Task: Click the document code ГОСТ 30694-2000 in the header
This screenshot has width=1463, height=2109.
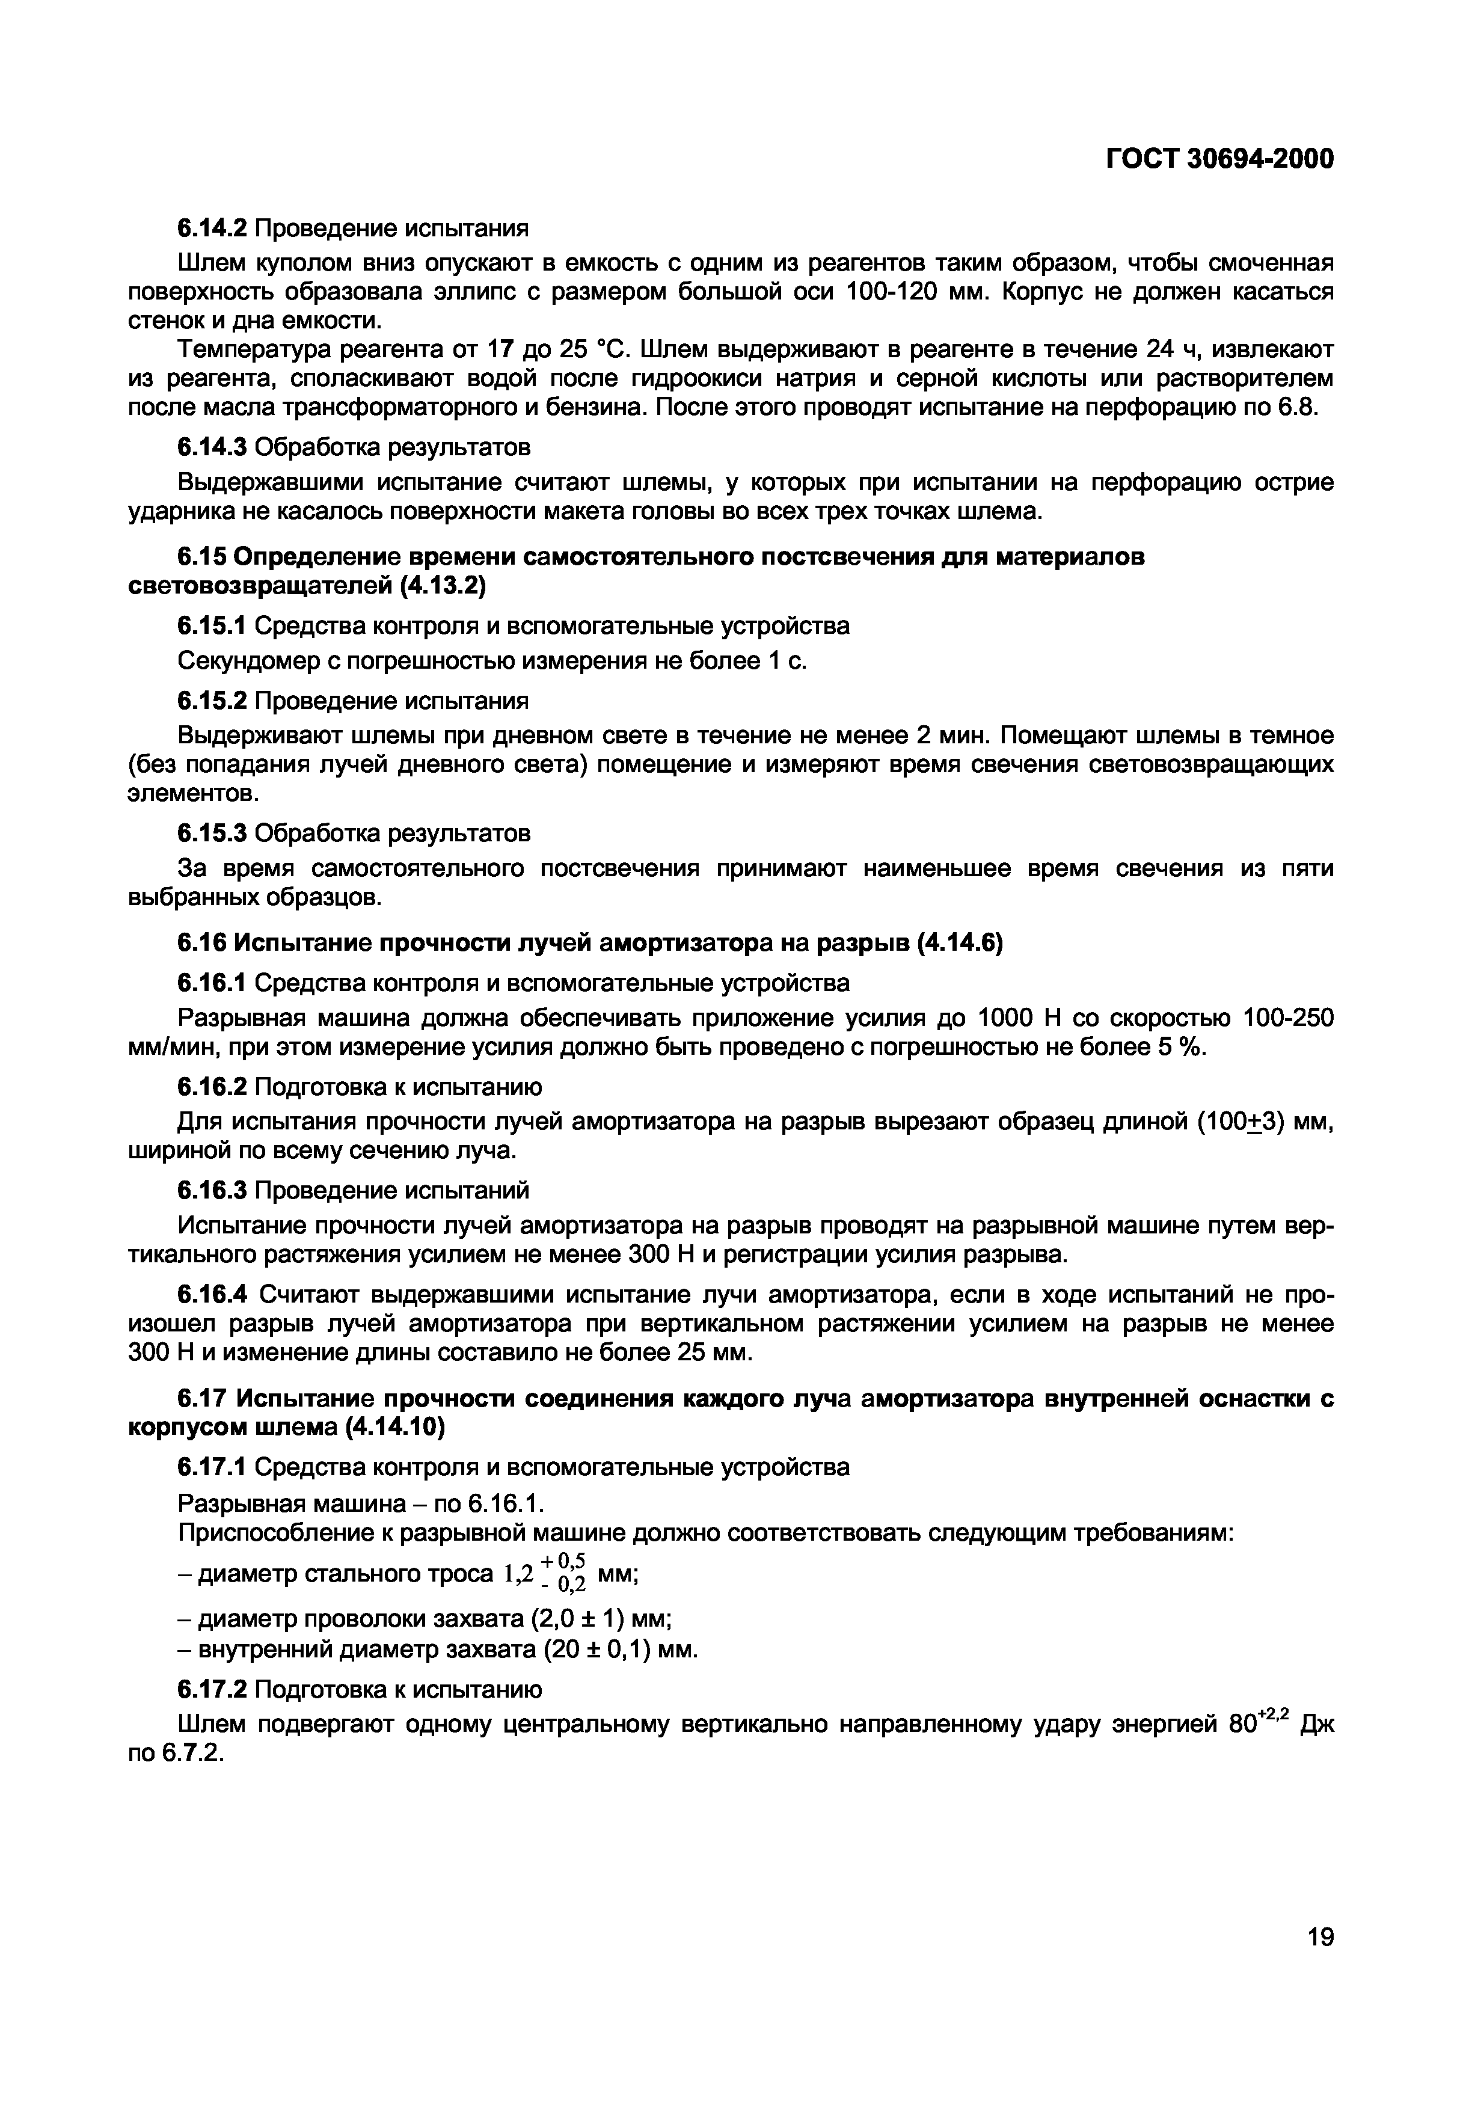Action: pyautogui.click(x=1219, y=159)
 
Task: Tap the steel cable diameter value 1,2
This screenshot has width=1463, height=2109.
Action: pyautogui.click(x=518, y=1574)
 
